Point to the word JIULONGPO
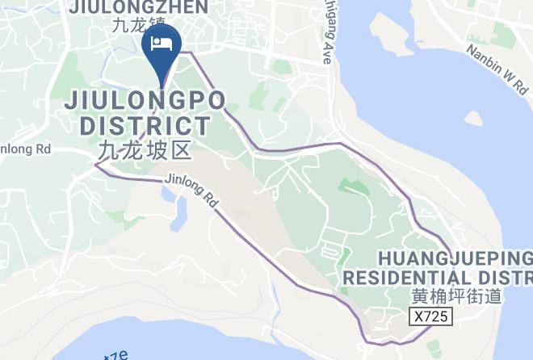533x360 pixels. point(145,103)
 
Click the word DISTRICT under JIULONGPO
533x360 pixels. point(145,126)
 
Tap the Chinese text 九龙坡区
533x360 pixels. point(145,150)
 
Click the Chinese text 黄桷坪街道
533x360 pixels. point(457,296)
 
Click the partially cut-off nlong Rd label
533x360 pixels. point(24,149)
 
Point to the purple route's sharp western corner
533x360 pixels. point(96,165)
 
